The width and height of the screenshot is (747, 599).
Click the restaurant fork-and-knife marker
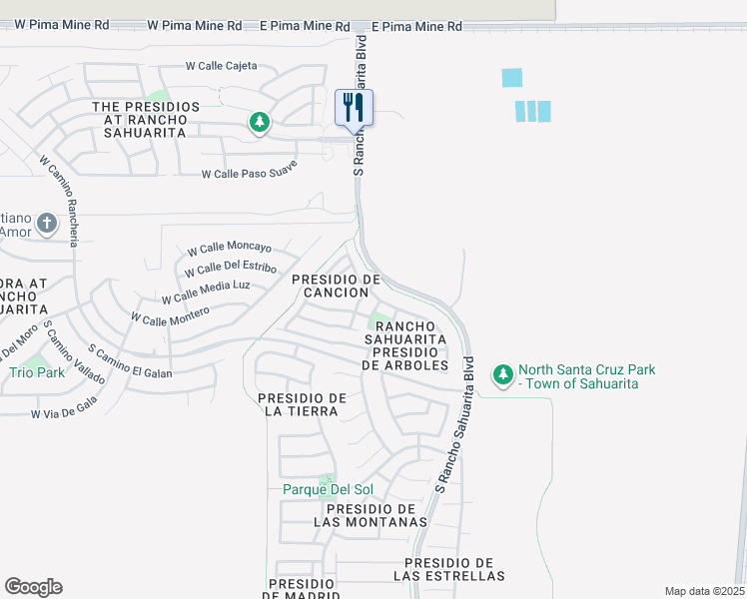coord(354,106)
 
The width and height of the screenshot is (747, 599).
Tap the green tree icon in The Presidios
coord(260,122)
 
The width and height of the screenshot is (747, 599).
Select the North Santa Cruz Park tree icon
coord(502,376)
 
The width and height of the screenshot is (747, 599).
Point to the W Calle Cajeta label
coord(221,66)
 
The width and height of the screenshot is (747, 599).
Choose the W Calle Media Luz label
coord(206,292)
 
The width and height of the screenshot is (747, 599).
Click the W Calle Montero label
coord(170,315)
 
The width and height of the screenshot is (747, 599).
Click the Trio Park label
coord(37,372)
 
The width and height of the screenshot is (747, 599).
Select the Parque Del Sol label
coord(327,489)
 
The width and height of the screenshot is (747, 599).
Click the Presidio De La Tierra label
coord(302,404)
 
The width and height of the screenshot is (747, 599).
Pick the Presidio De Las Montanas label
coord(371,515)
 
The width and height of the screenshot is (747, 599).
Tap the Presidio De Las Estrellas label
coord(448,569)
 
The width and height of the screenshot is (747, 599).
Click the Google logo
coord(33,587)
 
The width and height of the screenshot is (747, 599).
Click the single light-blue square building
coord(511,77)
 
